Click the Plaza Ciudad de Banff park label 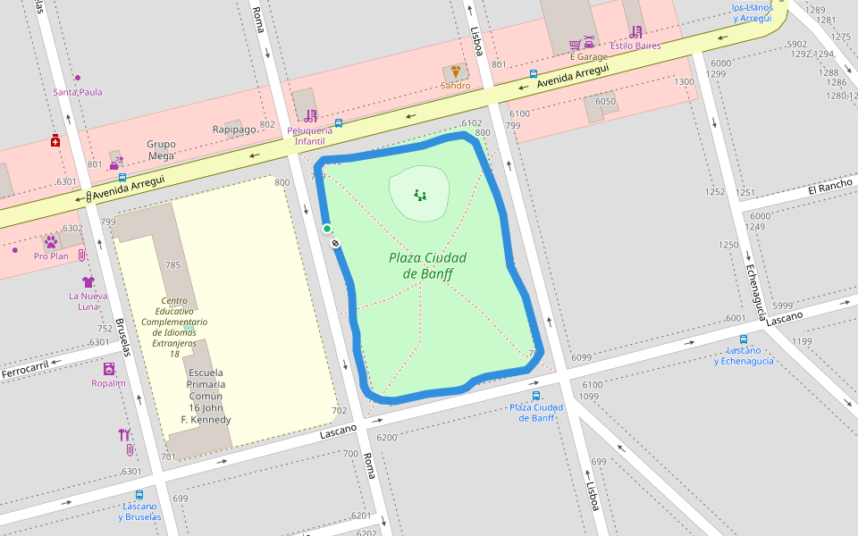coord(427,265)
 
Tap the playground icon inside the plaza coord(420,194)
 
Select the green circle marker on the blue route coord(327,229)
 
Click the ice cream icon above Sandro coord(456,71)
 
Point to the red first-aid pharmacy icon coord(55,140)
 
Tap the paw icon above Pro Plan coord(50,242)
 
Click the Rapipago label coord(234,130)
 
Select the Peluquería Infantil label coord(310,136)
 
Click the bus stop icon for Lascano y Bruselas coord(139,495)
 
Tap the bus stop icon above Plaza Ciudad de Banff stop coord(536,395)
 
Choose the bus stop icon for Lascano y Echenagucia coord(744,339)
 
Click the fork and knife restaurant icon coord(124,435)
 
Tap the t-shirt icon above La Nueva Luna coord(88,281)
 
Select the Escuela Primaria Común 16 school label coord(206,396)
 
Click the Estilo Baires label coord(635,45)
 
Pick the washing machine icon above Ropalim coord(108,369)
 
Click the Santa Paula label coord(78,92)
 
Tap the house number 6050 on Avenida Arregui coord(605,102)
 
